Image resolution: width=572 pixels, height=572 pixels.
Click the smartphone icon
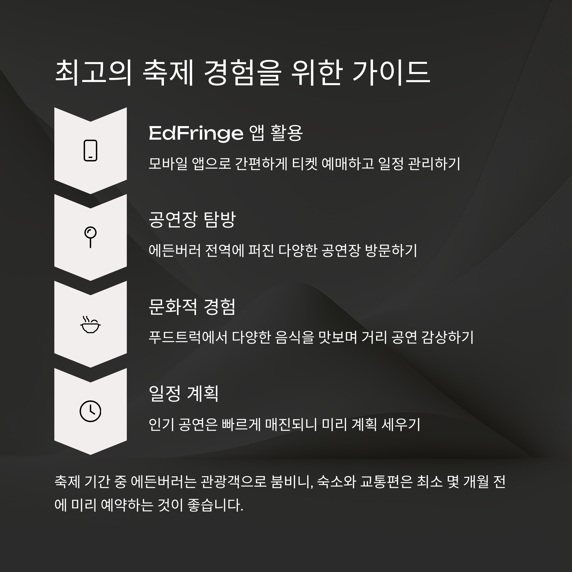point(90,150)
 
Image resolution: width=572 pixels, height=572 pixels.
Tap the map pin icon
point(90,237)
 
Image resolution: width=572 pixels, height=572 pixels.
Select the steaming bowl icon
point(90,325)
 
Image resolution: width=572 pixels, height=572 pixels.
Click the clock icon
point(90,411)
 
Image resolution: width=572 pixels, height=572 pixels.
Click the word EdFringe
point(196,133)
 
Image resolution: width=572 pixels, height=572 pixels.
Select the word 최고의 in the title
point(93,73)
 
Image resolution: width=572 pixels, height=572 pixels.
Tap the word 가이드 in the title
point(391,73)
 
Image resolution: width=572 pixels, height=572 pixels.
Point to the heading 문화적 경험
point(192,307)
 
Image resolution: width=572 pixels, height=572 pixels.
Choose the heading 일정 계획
point(184,394)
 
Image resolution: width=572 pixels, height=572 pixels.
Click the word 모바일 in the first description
point(168,164)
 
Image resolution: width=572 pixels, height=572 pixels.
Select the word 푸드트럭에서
point(188,337)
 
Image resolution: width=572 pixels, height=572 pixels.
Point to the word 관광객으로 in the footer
point(234,482)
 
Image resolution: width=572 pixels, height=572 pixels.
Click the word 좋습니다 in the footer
point(215,505)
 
